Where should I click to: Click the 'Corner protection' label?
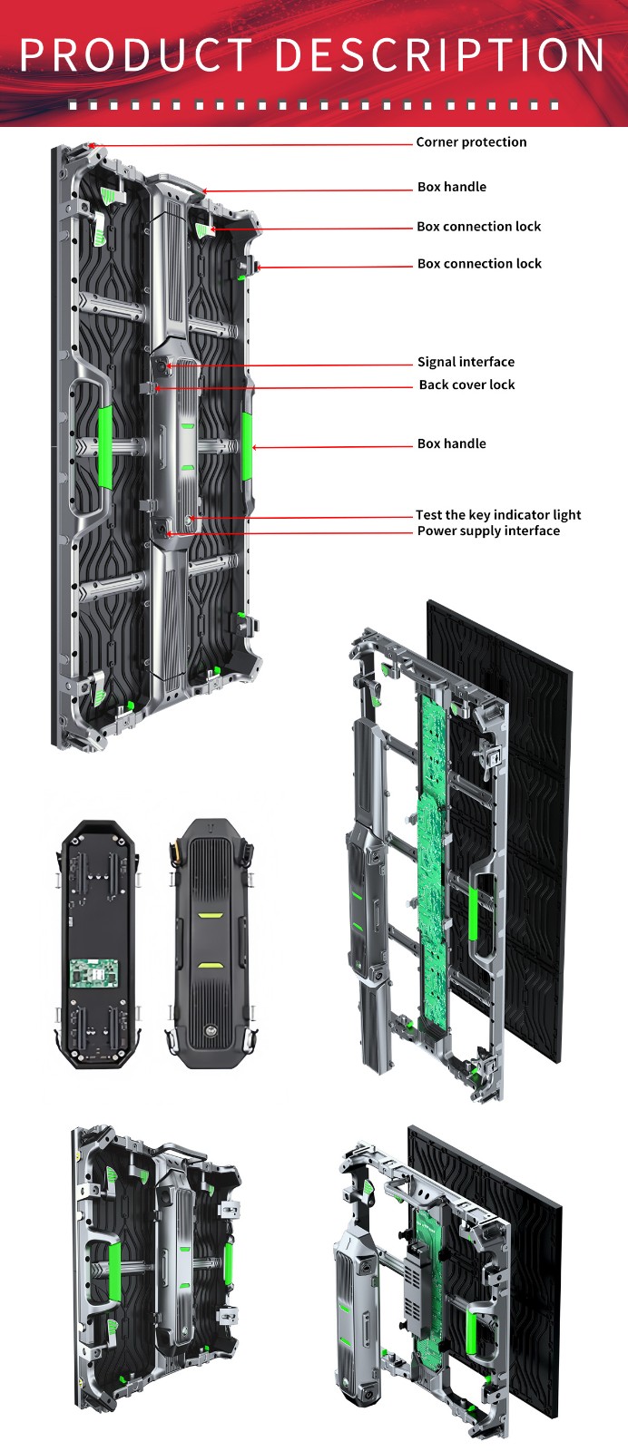(471, 142)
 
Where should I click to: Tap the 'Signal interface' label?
(466, 362)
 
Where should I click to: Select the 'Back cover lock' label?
(466, 385)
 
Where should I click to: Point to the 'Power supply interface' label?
(488, 531)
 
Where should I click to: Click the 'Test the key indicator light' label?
(498, 514)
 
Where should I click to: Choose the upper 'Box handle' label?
(451, 187)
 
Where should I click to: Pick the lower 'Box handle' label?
(451, 443)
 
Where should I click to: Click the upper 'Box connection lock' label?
(478, 227)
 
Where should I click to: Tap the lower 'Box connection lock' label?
(479, 264)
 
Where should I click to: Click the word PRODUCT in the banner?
(135, 55)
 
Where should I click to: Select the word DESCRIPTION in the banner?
(439, 55)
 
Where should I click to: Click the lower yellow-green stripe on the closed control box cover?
(210, 965)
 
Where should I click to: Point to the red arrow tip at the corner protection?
(94, 145)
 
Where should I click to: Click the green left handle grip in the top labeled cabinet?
(105, 446)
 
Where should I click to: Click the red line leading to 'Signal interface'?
(290, 365)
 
